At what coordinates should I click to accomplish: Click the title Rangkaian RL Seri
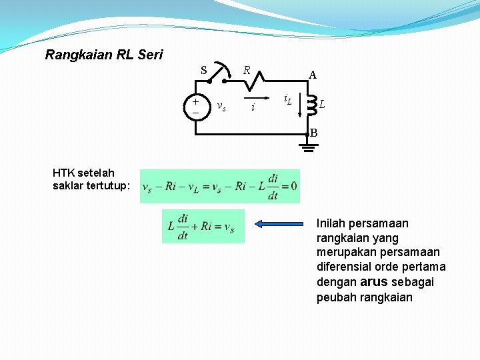(103, 55)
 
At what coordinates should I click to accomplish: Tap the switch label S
(205, 70)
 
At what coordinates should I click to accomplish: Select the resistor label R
(246, 69)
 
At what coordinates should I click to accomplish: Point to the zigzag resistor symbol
(253, 81)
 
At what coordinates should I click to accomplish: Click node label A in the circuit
(312, 75)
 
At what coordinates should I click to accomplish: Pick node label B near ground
(313, 133)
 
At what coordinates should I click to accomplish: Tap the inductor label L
(322, 105)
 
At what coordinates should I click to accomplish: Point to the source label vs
(221, 106)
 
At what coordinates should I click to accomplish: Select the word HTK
(63, 173)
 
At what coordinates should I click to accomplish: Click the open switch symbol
(217, 76)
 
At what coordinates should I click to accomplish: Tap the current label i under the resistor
(253, 107)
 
